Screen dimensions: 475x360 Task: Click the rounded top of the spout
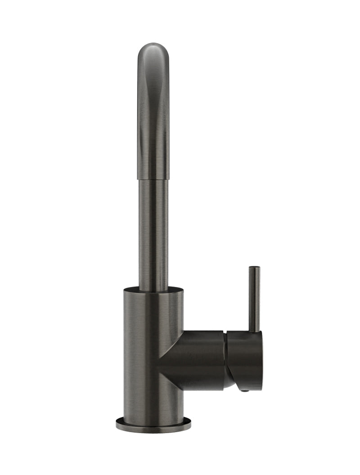(x=153, y=46)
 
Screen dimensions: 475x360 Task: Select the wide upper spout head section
(x=153, y=112)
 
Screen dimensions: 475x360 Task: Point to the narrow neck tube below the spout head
(x=153, y=234)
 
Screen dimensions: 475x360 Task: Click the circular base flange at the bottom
(x=153, y=424)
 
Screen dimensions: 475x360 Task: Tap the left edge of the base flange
(x=117, y=424)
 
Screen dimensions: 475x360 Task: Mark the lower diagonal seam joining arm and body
(x=171, y=378)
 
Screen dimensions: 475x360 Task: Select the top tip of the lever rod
(x=254, y=268)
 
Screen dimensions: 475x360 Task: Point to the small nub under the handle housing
(x=243, y=391)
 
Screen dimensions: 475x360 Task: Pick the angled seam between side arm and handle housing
(x=226, y=355)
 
